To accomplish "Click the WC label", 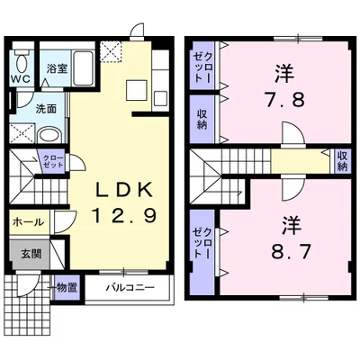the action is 21,79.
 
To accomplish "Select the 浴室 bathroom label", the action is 57,69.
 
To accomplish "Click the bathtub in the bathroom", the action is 83,67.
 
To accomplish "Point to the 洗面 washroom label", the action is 46,109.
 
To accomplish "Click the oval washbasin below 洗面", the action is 49,135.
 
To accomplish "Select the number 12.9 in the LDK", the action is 124,216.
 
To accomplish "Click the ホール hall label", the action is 28,222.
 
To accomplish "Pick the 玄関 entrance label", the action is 31,255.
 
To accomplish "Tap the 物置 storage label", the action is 67,288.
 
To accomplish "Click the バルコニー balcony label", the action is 130,288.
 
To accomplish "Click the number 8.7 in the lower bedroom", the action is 291,253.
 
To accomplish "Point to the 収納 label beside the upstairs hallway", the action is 342,161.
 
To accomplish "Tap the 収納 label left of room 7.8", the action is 202,119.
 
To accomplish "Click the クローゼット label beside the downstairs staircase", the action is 53,161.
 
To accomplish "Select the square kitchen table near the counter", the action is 137,90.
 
